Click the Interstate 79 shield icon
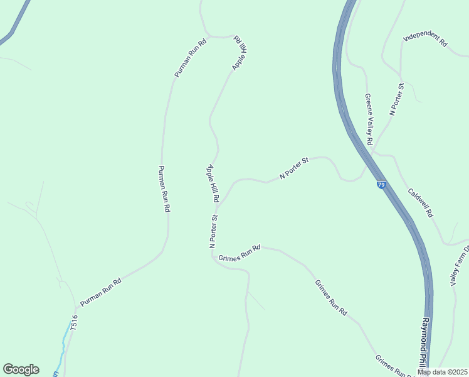pyautogui.click(x=381, y=185)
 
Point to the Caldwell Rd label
pyautogui.click(x=420, y=202)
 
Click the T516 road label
pyautogui.click(x=74, y=322)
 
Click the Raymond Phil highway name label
pyautogui.click(x=424, y=342)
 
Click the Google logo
pyautogui.click(x=21, y=369)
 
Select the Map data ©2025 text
pyautogui.click(x=441, y=372)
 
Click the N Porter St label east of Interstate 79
pyautogui.click(x=396, y=99)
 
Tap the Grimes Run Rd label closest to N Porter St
pyautogui.click(x=239, y=253)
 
